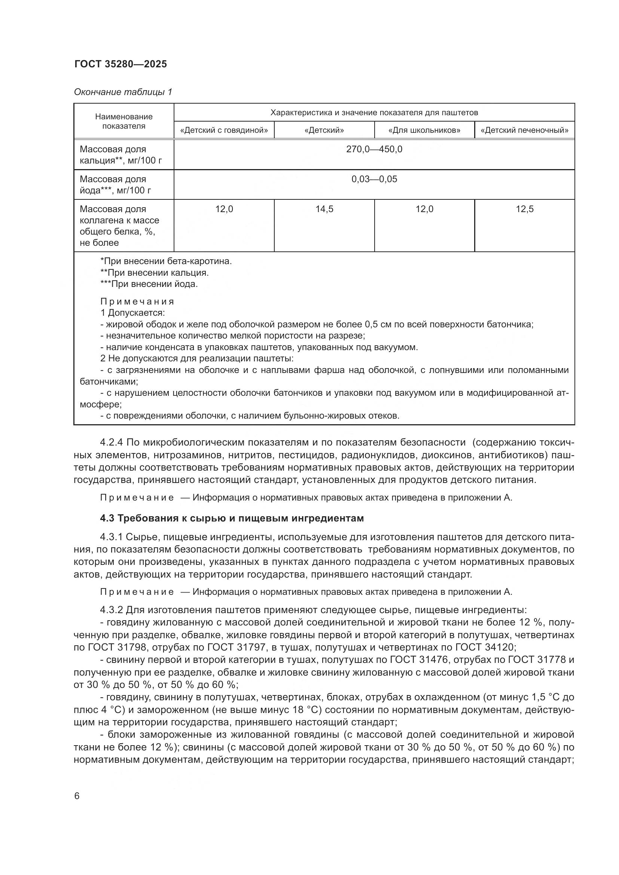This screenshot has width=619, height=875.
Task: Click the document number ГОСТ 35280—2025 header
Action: tap(121, 64)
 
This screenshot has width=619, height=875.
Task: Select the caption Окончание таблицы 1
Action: tap(123, 92)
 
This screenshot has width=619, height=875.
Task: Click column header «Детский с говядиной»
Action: tap(224, 130)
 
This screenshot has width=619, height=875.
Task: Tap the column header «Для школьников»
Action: tap(424, 130)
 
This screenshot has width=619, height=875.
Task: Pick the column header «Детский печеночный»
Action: tap(524, 130)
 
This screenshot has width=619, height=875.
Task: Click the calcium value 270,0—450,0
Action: tap(374, 149)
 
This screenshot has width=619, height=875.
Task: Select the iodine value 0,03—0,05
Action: tap(374, 179)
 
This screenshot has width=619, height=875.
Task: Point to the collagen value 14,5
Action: tap(324, 209)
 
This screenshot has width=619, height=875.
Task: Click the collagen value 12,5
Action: tap(524, 209)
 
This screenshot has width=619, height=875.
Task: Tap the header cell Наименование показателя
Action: tap(124, 121)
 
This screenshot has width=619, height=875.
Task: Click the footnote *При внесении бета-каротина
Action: tap(166, 261)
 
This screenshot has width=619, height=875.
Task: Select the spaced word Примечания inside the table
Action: tap(137, 302)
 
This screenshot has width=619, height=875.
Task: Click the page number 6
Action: tap(77, 796)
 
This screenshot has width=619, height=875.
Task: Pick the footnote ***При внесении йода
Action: tap(149, 284)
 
